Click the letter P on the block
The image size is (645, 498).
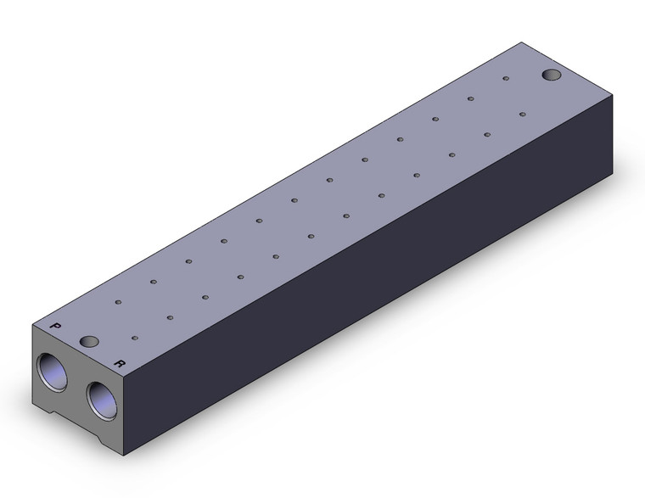point(55,326)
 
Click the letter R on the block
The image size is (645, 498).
point(120,363)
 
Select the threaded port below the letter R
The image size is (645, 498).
point(102,400)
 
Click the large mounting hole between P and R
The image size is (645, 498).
point(89,341)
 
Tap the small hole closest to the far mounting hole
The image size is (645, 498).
point(506,78)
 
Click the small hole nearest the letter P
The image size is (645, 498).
point(118,302)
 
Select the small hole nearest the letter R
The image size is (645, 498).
point(135,338)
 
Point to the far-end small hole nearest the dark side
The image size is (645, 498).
point(523,114)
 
